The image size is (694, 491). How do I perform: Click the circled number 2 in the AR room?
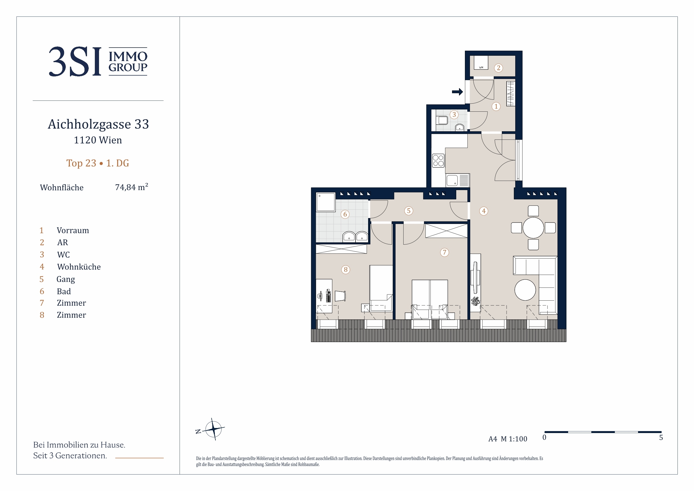coord(498,68)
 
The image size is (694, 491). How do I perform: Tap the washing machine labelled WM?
coord(481,62)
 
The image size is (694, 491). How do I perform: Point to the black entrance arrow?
coord(457,92)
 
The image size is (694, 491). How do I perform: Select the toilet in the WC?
coord(442,120)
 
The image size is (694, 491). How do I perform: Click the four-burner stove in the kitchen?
coord(438,161)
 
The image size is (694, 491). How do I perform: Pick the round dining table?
coord(533,228)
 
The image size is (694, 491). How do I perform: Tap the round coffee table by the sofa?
coord(525,290)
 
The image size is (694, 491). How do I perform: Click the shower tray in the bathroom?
coord(326,202)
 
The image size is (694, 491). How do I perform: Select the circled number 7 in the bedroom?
coord(444,252)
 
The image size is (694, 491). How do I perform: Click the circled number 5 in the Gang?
coord(409,211)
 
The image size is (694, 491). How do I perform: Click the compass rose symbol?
coord(213,429)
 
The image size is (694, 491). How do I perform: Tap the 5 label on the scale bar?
coord(661,438)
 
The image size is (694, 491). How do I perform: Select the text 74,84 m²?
coord(131,187)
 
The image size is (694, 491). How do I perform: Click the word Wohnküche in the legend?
coord(79,267)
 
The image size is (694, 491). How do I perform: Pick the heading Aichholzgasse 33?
coord(98,124)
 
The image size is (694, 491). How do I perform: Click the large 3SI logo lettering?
coord(75,61)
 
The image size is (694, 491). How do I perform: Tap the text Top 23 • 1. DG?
coord(98,163)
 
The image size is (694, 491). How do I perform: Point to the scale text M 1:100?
coord(514,439)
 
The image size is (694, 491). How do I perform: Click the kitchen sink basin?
coord(452,180)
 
